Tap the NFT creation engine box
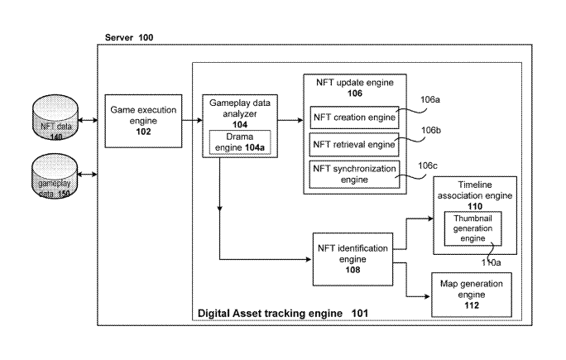click(353, 117)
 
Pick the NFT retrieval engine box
click(353, 145)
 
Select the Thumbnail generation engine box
click(475, 228)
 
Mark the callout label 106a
click(430, 100)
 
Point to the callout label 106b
click(430, 130)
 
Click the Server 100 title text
click(128, 38)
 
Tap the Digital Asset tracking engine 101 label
click(282, 314)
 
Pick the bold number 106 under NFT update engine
click(353, 94)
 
